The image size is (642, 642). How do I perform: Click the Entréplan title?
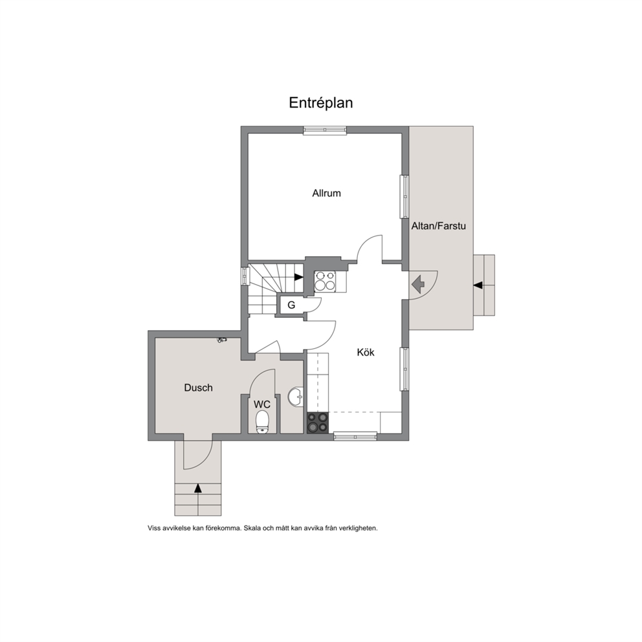tap(320, 103)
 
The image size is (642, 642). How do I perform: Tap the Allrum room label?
tap(326, 194)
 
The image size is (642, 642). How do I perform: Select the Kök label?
tap(366, 352)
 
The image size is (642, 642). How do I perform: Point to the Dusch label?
tap(198, 388)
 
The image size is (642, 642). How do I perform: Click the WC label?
tap(261, 404)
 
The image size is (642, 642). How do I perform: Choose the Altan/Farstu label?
tap(439, 226)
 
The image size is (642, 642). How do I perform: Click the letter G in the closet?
tap(291, 305)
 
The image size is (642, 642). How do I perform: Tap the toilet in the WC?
tap(261, 422)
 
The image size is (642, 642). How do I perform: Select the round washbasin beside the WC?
tap(296, 397)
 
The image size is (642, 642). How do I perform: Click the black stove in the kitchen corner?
tap(318, 422)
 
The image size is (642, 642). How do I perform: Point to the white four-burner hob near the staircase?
tap(325, 281)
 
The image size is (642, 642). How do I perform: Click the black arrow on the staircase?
tap(298, 277)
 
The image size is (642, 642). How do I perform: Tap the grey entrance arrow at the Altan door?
tap(418, 285)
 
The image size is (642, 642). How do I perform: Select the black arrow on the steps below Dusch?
tap(198, 488)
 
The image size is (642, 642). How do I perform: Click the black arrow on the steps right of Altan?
tap(478, 285)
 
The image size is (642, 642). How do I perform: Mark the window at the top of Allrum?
tap(325, 130)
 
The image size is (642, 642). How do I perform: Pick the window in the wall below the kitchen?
tap(355, 436)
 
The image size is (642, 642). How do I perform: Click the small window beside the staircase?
tap(245, 276)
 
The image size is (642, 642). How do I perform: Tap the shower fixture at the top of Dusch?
tap(223, 340)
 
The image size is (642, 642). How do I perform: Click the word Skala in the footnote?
tap(252, 528)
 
